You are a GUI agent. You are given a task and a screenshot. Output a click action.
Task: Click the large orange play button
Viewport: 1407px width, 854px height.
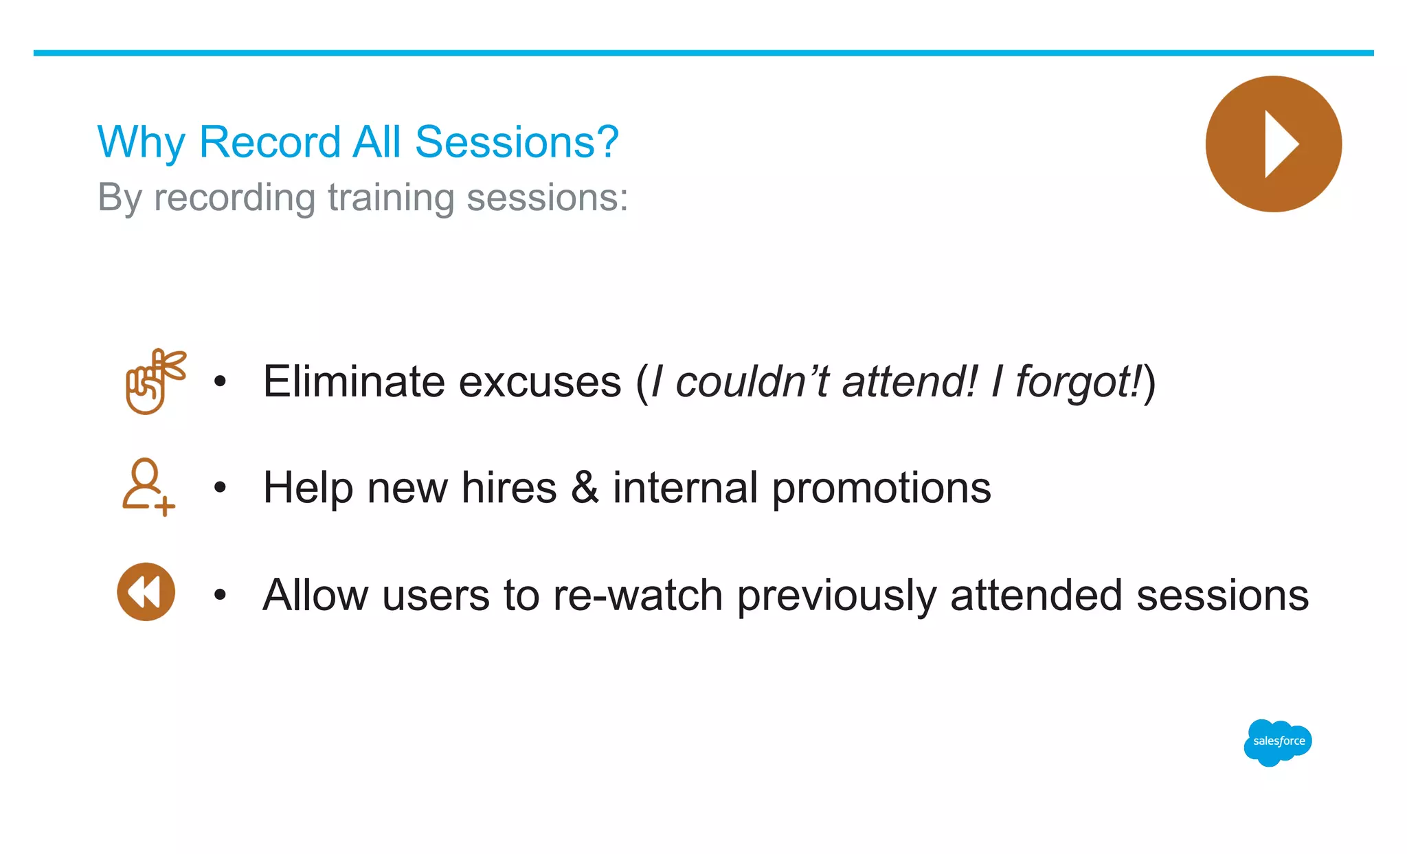[x=1273, y=144]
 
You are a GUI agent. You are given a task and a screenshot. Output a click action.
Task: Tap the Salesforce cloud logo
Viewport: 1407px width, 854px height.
[x=1278, y=742]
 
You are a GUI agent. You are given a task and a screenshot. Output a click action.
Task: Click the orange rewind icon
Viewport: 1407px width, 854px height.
[x=146, y=592]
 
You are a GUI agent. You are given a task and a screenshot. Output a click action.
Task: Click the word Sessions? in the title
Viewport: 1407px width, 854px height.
[x=517, y=142]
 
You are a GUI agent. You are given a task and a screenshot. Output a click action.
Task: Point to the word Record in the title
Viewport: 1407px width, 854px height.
[x=270, y=142]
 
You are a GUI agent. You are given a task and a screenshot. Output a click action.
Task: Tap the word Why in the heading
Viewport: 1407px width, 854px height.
[x=141, y=142]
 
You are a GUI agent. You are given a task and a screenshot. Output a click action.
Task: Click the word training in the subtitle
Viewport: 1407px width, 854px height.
[x=390, y=198]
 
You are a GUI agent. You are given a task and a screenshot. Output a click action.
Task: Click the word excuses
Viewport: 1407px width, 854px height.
[x=539, y=382]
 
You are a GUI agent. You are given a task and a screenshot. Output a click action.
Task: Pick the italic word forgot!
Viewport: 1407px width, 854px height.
[x=1079, y=382]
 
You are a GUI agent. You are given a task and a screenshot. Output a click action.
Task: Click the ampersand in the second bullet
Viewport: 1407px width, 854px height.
[x=585, y=488]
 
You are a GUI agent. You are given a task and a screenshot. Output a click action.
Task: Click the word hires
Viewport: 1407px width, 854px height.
[x=508, y=488]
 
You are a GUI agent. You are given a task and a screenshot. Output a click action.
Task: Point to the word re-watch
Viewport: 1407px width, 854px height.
[x=638, y=595]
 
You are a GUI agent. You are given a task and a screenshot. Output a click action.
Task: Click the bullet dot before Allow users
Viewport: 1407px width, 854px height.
[x=220, y=594]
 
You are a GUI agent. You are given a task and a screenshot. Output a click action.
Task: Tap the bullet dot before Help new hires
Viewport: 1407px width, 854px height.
[x=220, y=488]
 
